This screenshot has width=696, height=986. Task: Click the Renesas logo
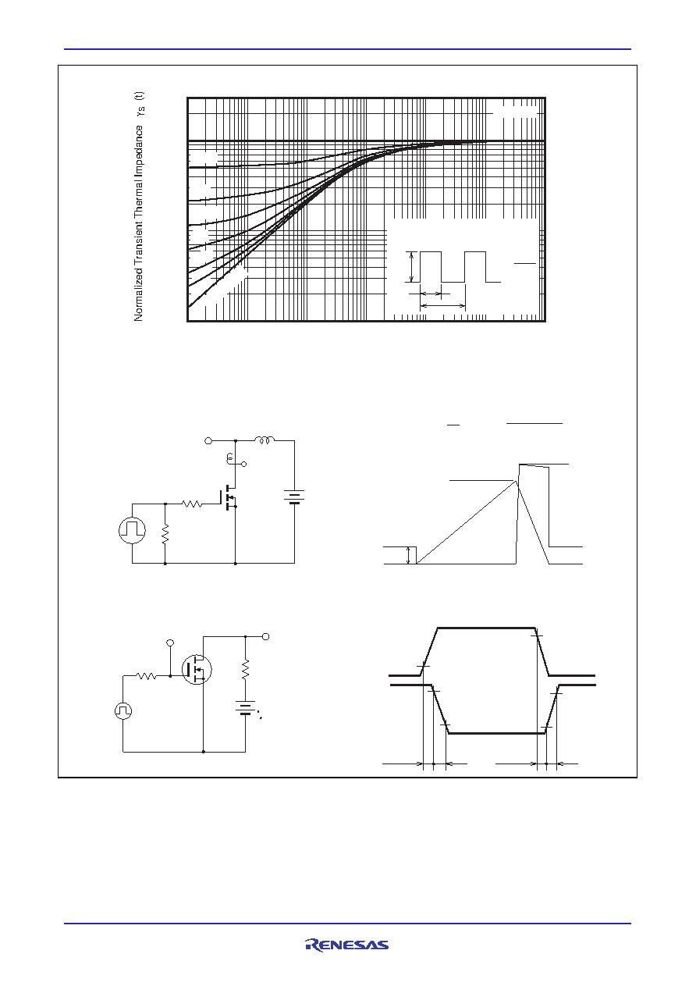pyautogui.click(x=347, y=945)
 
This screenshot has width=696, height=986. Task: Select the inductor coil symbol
pyautogui.click(x=265, y=440)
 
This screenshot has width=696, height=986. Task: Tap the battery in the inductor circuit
pyautogui.click(x=294, y=497)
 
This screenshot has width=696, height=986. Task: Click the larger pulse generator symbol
pyautogui.click(x=132, y=530)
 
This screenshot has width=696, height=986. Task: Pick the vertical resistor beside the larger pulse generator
pyautogui.click(x=165, y=534)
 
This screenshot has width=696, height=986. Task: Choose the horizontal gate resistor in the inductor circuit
pyautogui.click(x=192, y=504)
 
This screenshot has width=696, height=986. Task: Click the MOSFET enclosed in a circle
pyautogui.click(x=197, y=670)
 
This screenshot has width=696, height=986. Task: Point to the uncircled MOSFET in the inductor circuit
pyautogui.click(x=229, y=497)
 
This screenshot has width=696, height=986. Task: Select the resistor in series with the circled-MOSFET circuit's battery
pyautogui.click(x=246, y=669)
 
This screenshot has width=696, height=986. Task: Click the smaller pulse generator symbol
pyautogui.click(x=123, y=711)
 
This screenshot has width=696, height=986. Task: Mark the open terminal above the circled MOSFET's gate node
pyautogui.click(x=170, y=643)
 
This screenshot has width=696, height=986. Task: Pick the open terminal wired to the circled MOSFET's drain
pyautogui.click(x=265, y=636)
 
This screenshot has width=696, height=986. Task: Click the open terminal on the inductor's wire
pyautogui.click(x=208, y=440)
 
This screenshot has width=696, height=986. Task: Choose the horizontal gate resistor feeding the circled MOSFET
pyautogui.click(x=147, y=675)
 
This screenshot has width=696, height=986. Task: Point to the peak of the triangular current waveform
pyautogui.click(x=516, y=481)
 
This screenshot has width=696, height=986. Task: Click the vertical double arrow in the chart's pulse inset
pyautogui.click(x=411, y=267)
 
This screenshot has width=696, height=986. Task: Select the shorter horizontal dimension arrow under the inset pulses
pyautogui.click(x=431, y=294)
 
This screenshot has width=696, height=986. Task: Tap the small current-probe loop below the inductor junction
pyautogui.click(x=229, y=459)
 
